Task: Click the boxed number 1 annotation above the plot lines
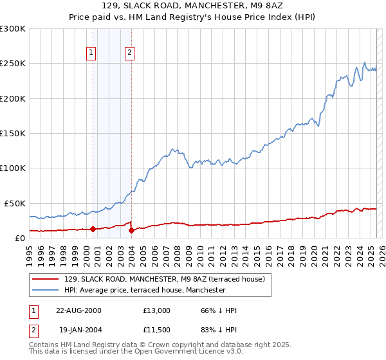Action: [91, 53]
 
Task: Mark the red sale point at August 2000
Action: [93, 229]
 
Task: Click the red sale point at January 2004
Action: [131, 230]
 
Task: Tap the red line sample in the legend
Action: [46, 280]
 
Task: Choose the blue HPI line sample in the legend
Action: [46, 290]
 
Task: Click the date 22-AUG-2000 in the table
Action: [78, 311]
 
